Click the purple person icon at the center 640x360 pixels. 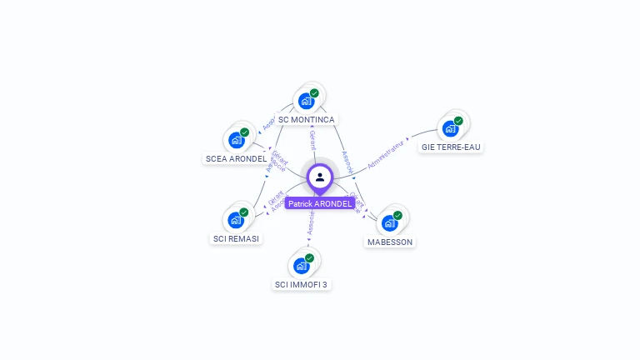(x=320, y=177)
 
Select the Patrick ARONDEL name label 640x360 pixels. (x=320, y=203)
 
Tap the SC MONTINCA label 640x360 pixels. (x=307, y=120)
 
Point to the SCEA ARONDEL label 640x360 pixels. (x=236, y=158)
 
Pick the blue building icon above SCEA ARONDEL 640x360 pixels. (x=236, y=140)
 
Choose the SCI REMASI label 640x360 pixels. (x=236, y=238)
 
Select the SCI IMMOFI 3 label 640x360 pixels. (x=302, y=284)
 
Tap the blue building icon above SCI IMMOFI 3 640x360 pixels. (x=301, y=267)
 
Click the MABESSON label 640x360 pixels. (x=390, y=242)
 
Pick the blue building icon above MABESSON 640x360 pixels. (x=389, y=223)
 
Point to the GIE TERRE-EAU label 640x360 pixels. (x=451, y=147)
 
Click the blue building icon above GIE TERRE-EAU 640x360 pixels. (x=450, y=129)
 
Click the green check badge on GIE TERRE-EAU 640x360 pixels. (x=458, y=121)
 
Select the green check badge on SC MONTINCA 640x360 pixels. (x=314, y=93)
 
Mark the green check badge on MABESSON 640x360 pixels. (x=397, y=215)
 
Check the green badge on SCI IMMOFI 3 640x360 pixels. (x=309, y=258)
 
